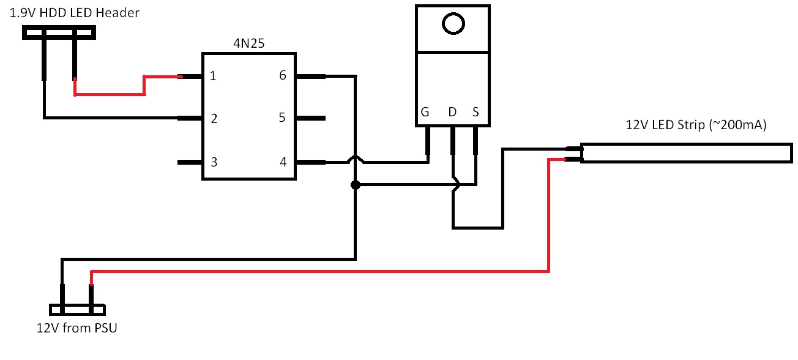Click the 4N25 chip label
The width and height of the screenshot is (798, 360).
point(248,43)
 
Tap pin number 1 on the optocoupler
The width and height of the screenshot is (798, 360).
point(213,76)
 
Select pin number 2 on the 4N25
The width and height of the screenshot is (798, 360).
point(214,119)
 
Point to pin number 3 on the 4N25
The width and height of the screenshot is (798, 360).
point(214,162)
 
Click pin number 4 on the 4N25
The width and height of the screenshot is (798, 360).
point(283,162)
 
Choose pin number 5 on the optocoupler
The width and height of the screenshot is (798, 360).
point(282,118)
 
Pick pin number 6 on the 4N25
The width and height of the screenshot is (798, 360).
point(283,75)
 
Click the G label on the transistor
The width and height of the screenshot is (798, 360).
point(425,112)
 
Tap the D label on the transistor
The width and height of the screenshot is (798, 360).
point(452,112)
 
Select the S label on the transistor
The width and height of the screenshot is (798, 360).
point(475,112)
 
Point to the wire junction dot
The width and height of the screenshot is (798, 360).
point(355,185)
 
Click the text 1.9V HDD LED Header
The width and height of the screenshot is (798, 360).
point(75,13)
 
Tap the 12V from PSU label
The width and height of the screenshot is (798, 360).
point(76,328)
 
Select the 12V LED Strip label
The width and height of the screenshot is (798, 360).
point(696,125)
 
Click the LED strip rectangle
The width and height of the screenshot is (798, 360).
point(687,144)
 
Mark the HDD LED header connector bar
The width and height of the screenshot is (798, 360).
point(59,32)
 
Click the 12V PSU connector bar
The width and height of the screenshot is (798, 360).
point(77,310)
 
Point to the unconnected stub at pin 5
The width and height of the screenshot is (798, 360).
point(311,118)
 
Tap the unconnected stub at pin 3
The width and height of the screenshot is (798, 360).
point(190,162)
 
